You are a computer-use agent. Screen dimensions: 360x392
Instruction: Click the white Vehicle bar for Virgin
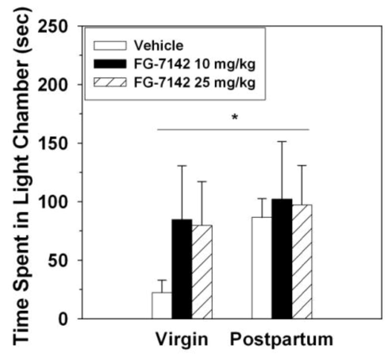tap(161, 306)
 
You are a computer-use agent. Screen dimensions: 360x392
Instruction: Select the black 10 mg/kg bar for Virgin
tap(182, 269)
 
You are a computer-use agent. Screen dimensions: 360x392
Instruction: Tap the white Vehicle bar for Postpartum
tap(262, 268)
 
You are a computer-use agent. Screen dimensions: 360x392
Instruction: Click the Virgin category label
tap(182, 339)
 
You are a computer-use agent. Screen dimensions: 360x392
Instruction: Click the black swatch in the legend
tap(112, 65)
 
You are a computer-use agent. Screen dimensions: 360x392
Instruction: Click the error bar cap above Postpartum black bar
tap(282, 142)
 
